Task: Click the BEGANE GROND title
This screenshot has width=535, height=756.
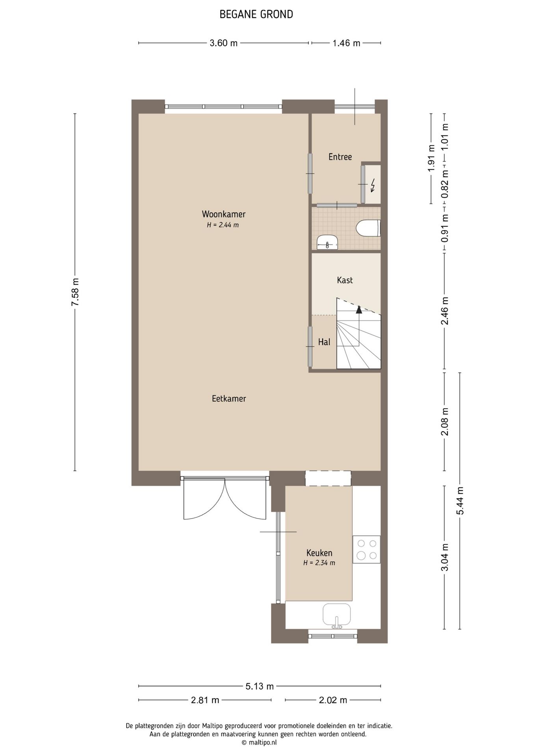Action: [256, 15]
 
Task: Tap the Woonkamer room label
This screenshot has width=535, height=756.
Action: [223, 214]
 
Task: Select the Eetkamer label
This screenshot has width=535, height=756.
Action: [229, 398]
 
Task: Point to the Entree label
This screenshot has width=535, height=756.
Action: [340, 157]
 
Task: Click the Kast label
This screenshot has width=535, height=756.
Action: [345, 280]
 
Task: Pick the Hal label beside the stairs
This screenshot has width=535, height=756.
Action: [324, 342]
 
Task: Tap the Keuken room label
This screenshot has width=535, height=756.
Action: [319, 553]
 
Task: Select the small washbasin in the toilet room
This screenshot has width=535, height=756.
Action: [327, 242]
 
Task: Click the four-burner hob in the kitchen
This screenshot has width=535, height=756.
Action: [366, 549]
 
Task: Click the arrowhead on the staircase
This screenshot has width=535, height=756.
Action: [359, 309]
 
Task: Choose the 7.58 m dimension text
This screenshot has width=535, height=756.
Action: [75, 292]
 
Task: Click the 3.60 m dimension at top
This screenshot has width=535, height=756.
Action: [224, 43]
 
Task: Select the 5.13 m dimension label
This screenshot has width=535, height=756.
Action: [260, 686]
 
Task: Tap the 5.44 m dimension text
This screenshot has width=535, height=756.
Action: [460, 500]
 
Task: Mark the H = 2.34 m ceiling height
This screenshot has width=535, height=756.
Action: [319, 563]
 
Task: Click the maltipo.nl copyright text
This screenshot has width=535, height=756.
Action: [259, 743]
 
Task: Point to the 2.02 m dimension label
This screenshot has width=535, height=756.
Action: [333, 700]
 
